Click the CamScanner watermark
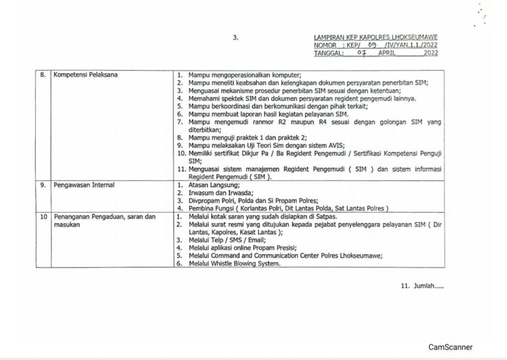coord(450,347)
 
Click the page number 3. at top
coord(236,38)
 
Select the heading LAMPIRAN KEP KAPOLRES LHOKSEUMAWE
coord(376,38)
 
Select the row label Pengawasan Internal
coord(84,186)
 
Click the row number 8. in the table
coord(43,75)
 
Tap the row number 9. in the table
coord(43,186)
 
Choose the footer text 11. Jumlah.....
coord(422,286)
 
